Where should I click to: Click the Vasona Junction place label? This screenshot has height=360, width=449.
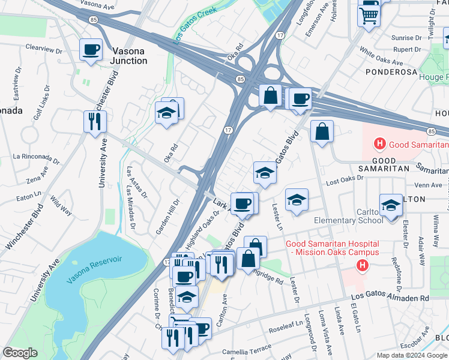pos(128,56)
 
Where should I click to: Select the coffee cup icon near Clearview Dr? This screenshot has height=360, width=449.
pos(91,50)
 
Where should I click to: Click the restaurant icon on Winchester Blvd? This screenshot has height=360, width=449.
pos(95,122)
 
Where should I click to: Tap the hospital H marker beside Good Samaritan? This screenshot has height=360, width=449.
pos(379,144)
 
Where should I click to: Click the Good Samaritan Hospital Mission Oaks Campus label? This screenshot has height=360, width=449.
pos(332,248)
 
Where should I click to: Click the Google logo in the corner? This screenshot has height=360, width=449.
pos(20,352)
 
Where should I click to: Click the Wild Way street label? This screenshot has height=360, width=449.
pos(61,206)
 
